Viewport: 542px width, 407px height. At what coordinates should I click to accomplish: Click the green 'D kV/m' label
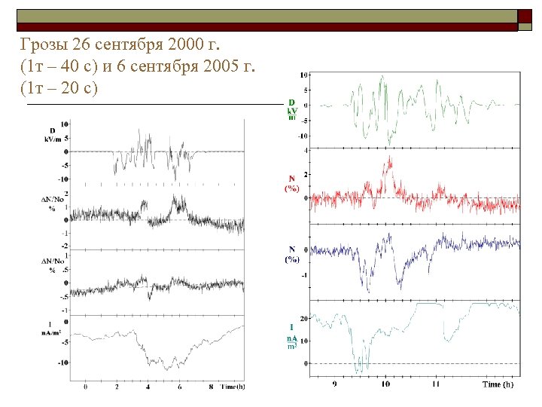point(291,110)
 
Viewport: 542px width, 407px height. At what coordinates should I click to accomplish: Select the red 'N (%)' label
point(291,183)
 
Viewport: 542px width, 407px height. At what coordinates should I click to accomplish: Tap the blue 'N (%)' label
point(291,253)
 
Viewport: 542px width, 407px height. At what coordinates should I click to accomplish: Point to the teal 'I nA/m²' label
point(291,337)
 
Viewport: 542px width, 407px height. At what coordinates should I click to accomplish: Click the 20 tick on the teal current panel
point(305,317)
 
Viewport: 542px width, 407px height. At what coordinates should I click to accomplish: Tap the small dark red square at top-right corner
point(524,16)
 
